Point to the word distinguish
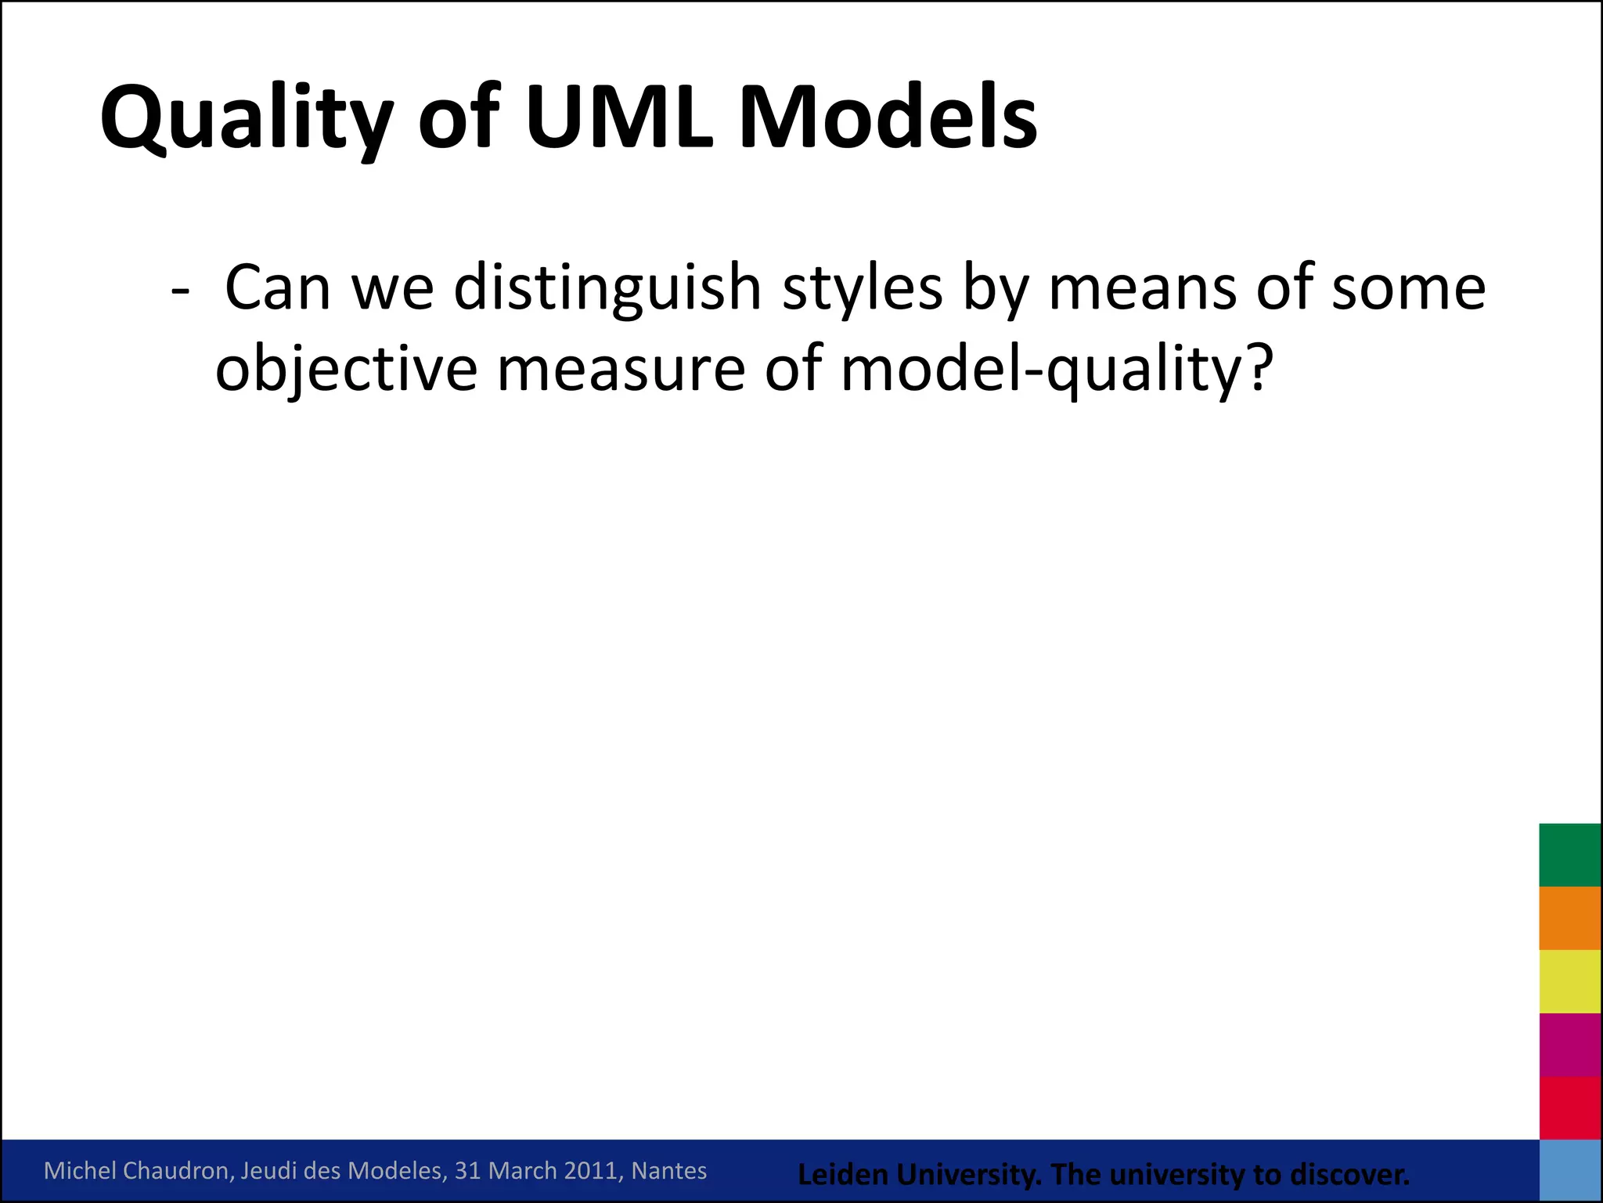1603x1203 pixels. point(607,288)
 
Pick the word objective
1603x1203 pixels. point(346,370)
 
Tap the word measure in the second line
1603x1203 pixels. point(621,370)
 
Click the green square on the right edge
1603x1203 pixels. point(1570,854)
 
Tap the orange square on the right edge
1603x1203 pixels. point(1570,918)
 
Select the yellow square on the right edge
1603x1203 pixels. point(1570,981)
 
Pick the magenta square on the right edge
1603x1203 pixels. point(1570,1045)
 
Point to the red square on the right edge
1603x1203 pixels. point(1570,1107)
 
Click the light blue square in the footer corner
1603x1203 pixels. point(1570,1170)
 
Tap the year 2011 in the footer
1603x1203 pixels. point(591,1171)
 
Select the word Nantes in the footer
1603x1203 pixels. point(668,1171)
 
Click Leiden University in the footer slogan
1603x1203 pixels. point(919,1175)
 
